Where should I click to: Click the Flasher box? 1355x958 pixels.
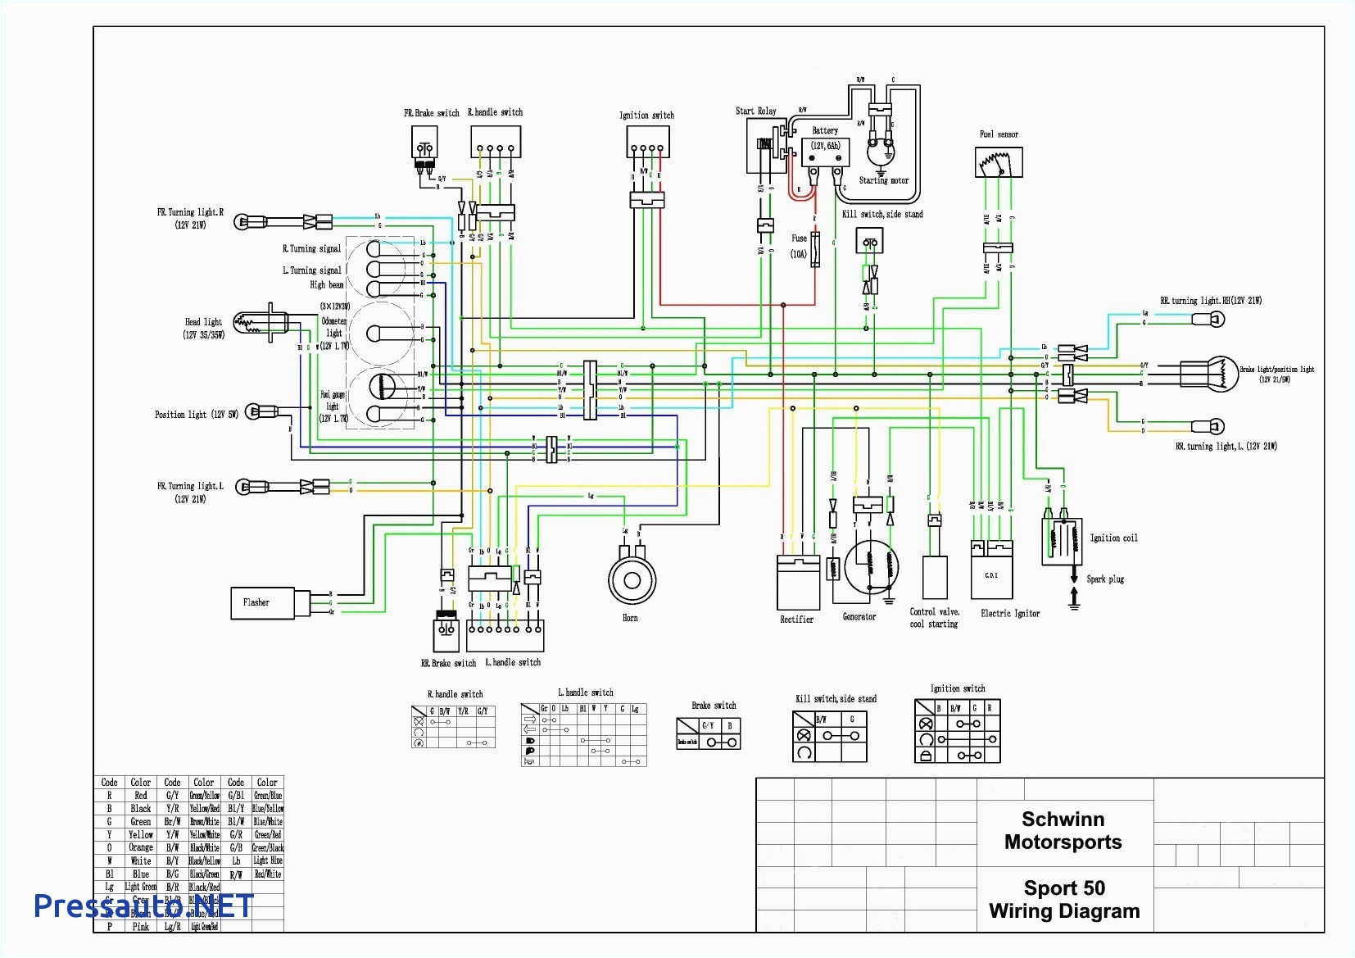(x=262, y=602)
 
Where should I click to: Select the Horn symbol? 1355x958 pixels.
(x=632, y=580)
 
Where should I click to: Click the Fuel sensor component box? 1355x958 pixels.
(x=999, y=162)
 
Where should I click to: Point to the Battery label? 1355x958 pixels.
(x=825, y=131)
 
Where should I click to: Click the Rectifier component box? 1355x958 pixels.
(x=798, y=582)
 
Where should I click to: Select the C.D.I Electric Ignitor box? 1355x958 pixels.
(x=991, y=575)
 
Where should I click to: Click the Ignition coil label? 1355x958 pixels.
(x=1113, y=538)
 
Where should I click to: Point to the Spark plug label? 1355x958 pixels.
(x=1105, y=579)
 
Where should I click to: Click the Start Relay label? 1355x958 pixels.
(x=755, y=111)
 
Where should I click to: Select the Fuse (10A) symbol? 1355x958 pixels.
(x=815, y=246)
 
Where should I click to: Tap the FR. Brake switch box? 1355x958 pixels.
(x=424, y=144)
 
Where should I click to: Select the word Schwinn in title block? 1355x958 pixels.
(x=1063, y=820)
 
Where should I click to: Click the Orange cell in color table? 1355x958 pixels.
(x=141, y=848)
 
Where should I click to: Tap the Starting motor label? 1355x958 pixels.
(x=883, y=180)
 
